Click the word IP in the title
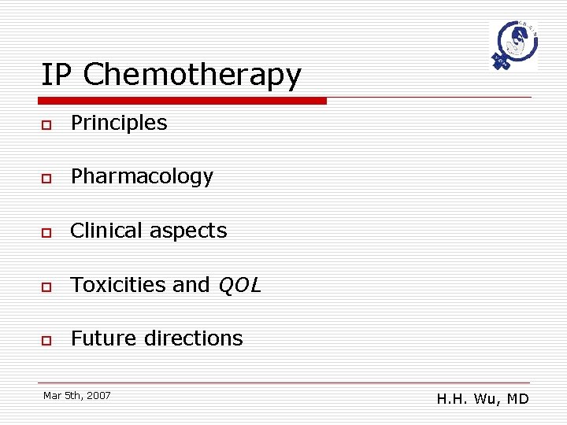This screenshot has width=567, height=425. pos(57,75)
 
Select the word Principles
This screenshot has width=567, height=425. pos(119,123)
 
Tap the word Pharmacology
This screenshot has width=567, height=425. pos(142,177)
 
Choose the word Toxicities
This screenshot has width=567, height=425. pos(118,284)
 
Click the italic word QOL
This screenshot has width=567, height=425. pos(239,285)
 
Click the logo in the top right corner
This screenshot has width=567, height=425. pos(513,45)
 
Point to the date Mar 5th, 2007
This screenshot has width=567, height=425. pos(77,395)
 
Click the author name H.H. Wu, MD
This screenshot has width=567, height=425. pos(483,399)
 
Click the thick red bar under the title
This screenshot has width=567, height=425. pos(182,101)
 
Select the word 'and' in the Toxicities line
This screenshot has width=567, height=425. pos(191,284)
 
